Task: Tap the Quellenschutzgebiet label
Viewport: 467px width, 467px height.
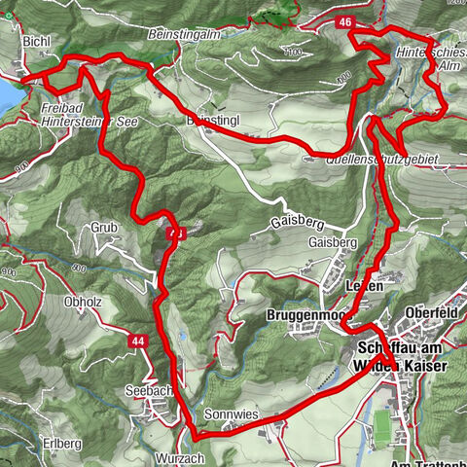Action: (x=386, y=157)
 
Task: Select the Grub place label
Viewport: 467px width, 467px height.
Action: (x=104, y=228)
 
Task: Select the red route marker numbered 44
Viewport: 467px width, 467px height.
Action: (x=140, y=341)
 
